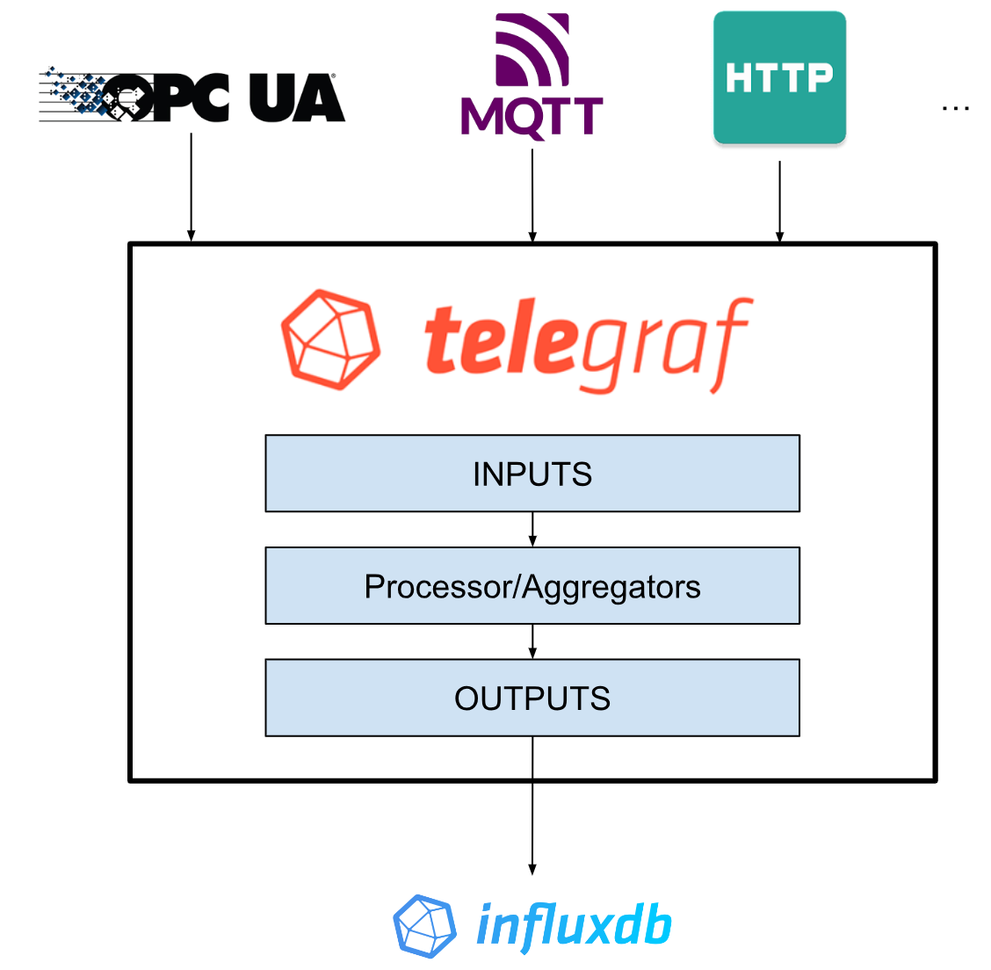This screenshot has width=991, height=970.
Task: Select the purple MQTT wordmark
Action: (532, 117)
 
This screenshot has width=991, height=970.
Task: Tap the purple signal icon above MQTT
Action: (532, 49)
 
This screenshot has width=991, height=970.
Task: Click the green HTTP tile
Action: (779, 77)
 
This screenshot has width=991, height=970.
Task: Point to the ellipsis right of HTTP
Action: (955, 108)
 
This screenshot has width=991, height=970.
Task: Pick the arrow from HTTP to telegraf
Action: (779, 201)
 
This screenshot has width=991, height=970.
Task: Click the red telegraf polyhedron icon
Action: (330, 339)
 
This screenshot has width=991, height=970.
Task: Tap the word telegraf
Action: (587, 344)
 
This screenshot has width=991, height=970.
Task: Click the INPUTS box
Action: (532, 474)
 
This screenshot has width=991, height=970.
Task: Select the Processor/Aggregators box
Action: (532, 586)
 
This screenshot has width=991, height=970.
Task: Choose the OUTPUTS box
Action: (532, 699)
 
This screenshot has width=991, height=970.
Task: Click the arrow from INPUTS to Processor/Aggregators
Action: (532, 530)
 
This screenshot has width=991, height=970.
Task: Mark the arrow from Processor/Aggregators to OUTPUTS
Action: (532, 641)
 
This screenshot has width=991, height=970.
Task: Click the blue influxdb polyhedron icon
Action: (424, 926)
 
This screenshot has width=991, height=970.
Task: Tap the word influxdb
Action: (574, 926)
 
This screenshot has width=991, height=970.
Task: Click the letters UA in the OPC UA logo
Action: (296, 98)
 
